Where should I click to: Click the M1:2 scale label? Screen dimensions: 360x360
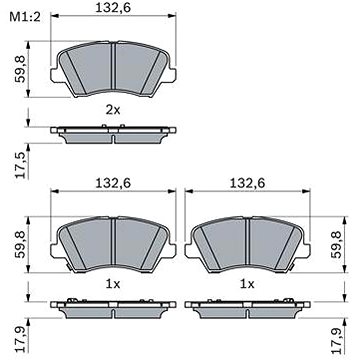pyautogui.click(x=25, y=16)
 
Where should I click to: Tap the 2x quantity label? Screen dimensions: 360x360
pyautogui.click(x=113, y=110)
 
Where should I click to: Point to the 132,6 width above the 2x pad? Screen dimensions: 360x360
pyautogui.click(x=113, y=8)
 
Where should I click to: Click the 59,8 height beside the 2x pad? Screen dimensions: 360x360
pyautogui.click(x=21, y=69)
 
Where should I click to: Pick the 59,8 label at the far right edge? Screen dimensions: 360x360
pyautogui.click(x=338, y=245)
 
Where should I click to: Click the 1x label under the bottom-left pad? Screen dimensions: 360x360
pyautogui.click(x=113, y=284)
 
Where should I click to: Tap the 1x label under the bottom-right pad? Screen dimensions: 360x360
pyautogui.click(x=247, y=284)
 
